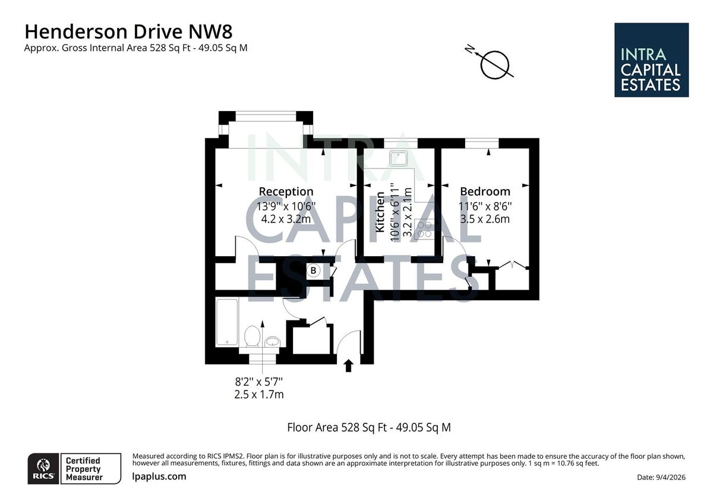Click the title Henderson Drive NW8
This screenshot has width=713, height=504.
click(125, 31)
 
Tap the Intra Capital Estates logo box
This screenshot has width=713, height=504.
click(651, 60)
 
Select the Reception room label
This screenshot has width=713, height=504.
click(286, 191)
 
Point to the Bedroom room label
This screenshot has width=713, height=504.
click(485, 191)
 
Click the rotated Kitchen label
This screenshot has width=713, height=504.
click(380, 212)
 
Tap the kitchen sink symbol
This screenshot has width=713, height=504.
click(396, 158)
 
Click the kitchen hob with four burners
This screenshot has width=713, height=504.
click(424, 229)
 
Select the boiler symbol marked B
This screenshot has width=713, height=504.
click(314, 270)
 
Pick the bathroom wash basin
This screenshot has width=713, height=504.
click(272, 342)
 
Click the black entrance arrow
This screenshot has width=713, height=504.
click(349, 365)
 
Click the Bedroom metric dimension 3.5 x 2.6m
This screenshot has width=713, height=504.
click(485, 219)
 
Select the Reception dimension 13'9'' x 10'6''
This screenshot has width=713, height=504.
click(286, 206)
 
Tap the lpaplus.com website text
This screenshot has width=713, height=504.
click(159, 476)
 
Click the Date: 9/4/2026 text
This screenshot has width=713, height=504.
click(661, 477)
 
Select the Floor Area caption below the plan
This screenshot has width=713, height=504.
click(368, 427)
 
